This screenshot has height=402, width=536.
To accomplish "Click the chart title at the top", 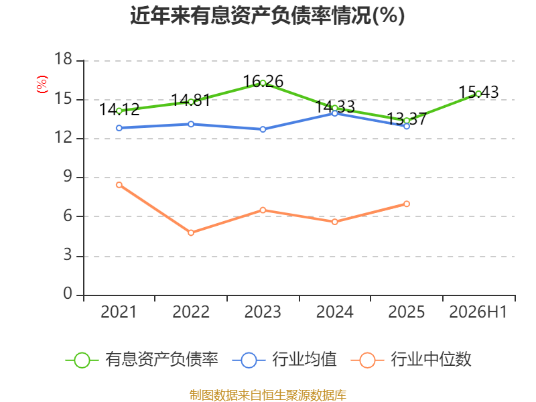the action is (x=267, y=15).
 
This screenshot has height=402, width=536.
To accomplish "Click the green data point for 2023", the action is (x=263, y=82).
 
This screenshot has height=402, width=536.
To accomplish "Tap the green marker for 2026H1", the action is (x=478, y=94).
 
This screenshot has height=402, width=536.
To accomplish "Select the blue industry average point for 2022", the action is (x=191, y=124).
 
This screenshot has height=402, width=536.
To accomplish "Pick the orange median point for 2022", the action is (x=191, y=232).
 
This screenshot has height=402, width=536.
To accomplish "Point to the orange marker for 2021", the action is (x=119, y=185).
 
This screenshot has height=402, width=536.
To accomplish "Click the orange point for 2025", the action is (x=407, y=204).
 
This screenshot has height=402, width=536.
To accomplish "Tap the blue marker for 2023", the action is (x=263, y=129).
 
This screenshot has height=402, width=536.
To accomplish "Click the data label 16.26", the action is (x=263, y=81).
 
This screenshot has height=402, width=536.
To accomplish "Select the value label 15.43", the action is (x=478, y=92).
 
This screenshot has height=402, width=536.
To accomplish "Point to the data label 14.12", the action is (x=119, y=109).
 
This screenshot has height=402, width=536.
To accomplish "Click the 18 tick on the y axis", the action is (x=64, y=59).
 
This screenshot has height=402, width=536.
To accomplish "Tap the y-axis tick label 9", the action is (x=68, y=177).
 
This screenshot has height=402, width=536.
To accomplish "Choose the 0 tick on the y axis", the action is (x=68, y=293).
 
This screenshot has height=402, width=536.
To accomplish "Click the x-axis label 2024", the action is (x=334, y=312).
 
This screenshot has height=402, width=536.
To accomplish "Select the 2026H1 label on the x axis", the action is (x=478, y=312).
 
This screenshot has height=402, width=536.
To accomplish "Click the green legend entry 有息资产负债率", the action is (x=141, y=360).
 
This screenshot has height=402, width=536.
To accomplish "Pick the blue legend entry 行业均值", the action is (x=284, y=360).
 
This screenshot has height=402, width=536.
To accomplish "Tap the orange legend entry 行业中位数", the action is (x=411, y=360).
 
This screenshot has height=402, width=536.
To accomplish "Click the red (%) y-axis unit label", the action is (x=42, y=84).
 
